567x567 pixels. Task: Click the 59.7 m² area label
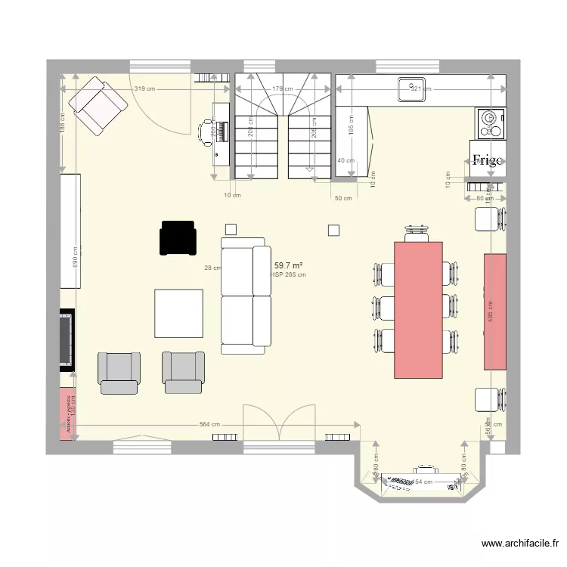(x=289, y=265)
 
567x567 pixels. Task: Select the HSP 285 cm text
(x=289, y=274)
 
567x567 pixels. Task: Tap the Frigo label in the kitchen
(x=487, y=160)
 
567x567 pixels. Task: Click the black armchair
(x=177, y=237)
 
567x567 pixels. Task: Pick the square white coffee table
(x=179, y=313)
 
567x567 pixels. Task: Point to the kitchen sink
(x=413, y=88)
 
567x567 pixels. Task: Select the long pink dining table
(x=418, y=309)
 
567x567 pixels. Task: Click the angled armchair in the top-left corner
(x=98, y=105)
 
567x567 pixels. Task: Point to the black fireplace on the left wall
(x=67, y=339)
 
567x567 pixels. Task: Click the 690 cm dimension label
(x=75, y=257)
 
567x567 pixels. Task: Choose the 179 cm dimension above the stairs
(x=282, y=89)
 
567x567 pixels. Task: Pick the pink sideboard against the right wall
(x=495, y=311)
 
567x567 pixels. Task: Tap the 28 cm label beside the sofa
(x=212, y=268)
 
